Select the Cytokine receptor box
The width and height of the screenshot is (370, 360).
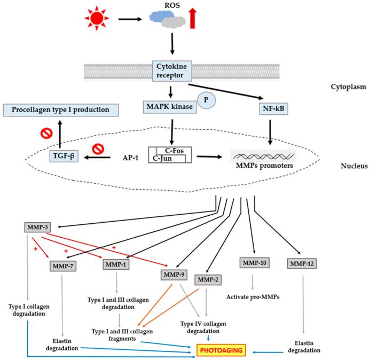[173, 72]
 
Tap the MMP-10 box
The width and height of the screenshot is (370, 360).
[254, 263]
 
